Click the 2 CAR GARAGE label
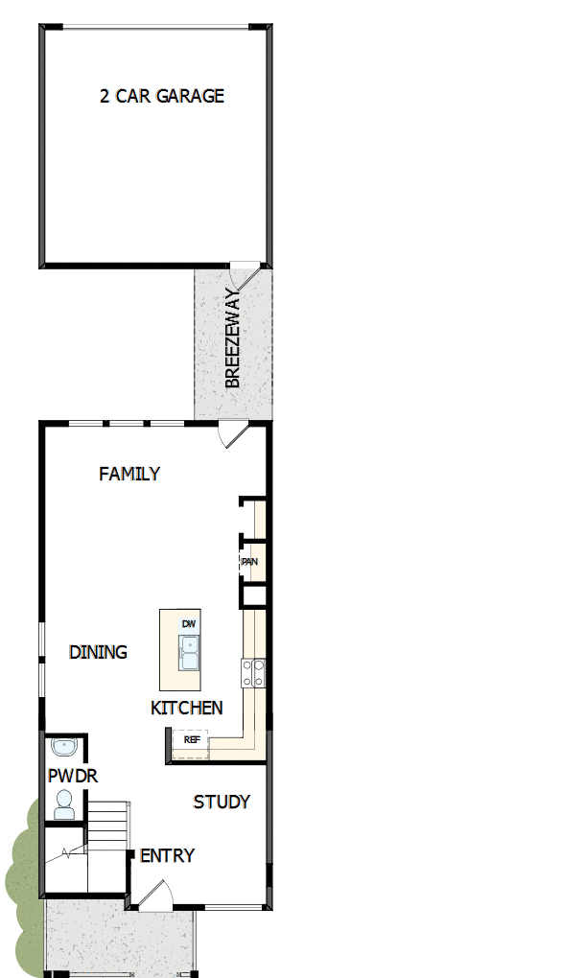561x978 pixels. point(161,96)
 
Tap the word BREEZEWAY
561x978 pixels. point(233,338)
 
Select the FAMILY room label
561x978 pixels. point(129,474)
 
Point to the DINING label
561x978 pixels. point(98,652)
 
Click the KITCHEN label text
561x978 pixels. point(187,709)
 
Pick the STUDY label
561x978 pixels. point(222,802)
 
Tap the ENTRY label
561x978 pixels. point(167,855)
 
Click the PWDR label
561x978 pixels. point(73,776)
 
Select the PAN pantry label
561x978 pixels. point(249,562)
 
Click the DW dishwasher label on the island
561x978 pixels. point(188,624)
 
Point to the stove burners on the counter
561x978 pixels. point(254,673)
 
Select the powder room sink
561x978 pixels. point(63,747)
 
